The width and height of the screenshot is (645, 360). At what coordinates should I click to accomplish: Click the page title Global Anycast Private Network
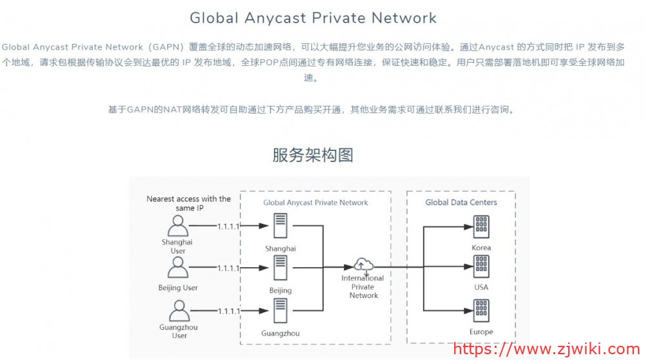click(313, 18)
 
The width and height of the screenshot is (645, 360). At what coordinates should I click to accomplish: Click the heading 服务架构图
click(313, 155)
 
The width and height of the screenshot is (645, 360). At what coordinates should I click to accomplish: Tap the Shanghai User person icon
click(177, 226)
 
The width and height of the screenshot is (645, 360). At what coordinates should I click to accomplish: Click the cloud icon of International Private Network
click(364, 264)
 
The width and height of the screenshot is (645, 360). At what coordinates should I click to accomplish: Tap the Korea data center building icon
click(481, 226)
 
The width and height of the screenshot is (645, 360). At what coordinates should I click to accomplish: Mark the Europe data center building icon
click(481, 310)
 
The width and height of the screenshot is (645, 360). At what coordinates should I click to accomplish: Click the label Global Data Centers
click(461, 203)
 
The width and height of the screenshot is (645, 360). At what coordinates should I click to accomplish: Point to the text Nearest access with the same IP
click(188, 203)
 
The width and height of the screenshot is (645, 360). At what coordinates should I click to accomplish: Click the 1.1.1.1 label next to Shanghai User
click(228, 226)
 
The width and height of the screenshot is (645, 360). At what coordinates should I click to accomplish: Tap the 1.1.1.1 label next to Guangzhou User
click(228, 311)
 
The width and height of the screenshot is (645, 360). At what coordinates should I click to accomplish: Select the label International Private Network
click(363, 286)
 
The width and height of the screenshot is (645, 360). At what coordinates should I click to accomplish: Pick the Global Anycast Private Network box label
click(315, 203)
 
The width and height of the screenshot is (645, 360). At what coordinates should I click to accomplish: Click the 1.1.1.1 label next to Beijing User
click(228, 268)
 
